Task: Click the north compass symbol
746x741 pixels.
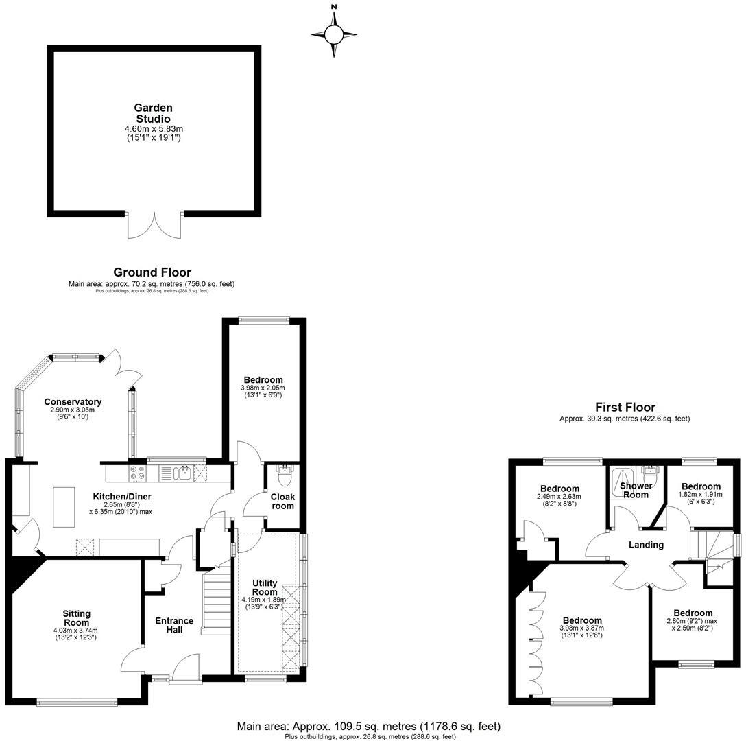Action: (334, 33)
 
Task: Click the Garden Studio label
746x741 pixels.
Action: (153, 113)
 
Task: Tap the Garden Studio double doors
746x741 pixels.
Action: (154, 224)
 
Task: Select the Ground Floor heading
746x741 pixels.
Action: (152, 272)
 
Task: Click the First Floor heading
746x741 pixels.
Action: (625, 408)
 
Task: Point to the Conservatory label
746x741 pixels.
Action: (73, 402)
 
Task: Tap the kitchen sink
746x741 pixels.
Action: (181, 473)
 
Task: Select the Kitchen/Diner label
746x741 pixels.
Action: (122, 497)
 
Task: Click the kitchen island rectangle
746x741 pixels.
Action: (64, 506)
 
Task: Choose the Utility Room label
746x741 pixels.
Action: (265, 587)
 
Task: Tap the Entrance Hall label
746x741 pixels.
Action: (174, 625)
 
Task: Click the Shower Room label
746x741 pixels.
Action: (636, 490)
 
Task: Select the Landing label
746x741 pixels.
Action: (647, 545)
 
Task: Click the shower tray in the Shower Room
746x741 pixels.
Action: (622, 475)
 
